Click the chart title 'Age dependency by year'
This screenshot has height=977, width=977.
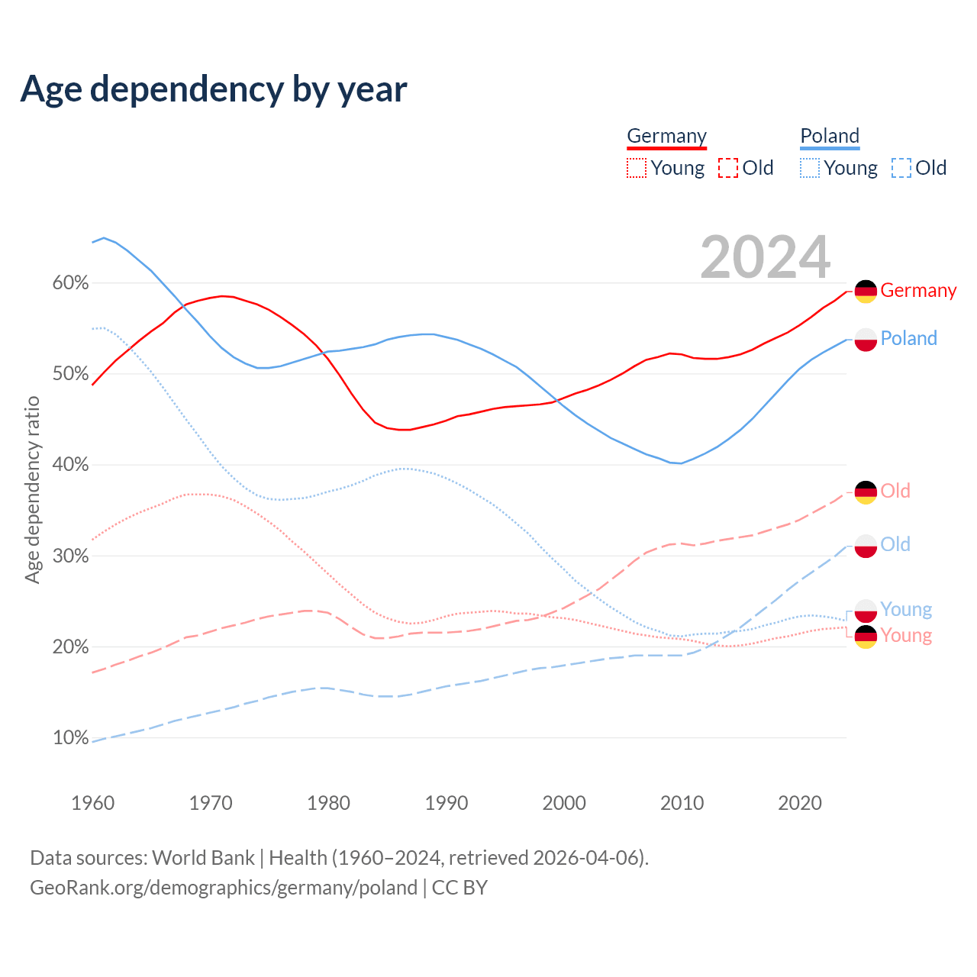click(214, 89)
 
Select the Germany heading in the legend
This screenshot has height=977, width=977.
click(666, 136)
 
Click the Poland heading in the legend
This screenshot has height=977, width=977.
click(830, 136)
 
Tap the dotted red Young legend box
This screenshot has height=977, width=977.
click(637, 168)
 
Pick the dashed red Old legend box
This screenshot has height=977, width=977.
click(728, 168)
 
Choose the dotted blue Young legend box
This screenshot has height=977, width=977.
click(810, 168)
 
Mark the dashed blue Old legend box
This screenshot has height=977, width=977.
click(901, 168)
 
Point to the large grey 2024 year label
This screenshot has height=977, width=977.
click(765, 258)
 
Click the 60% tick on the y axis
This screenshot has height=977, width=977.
click(70, 283)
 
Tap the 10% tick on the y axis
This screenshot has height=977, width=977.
click(70, 738)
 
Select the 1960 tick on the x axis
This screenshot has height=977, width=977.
click(92, 803)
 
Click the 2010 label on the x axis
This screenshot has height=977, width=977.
click(682, 803)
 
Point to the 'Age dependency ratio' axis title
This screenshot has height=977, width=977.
click(32, 489)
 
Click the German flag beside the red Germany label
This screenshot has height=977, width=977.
click(866, 292)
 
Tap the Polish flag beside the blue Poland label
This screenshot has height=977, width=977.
click(866, 340)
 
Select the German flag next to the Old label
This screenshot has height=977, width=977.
click(866, 492)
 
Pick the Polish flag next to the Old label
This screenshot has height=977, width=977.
click(866, 546)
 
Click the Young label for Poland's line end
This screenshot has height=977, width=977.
click(906, 609)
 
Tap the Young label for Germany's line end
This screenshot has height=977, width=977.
click(906, 635)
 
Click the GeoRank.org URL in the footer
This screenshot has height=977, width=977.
click(224, 888)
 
